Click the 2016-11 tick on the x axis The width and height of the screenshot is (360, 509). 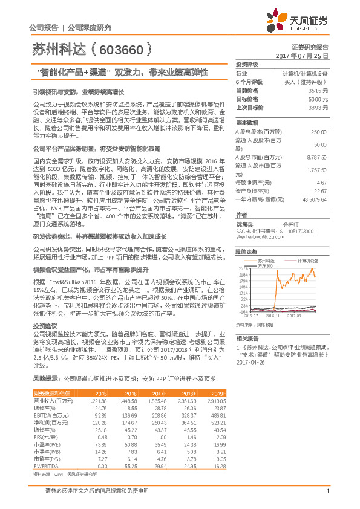(x=273, y=315)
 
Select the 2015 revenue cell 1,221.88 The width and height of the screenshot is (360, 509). (x=98, y=401)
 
